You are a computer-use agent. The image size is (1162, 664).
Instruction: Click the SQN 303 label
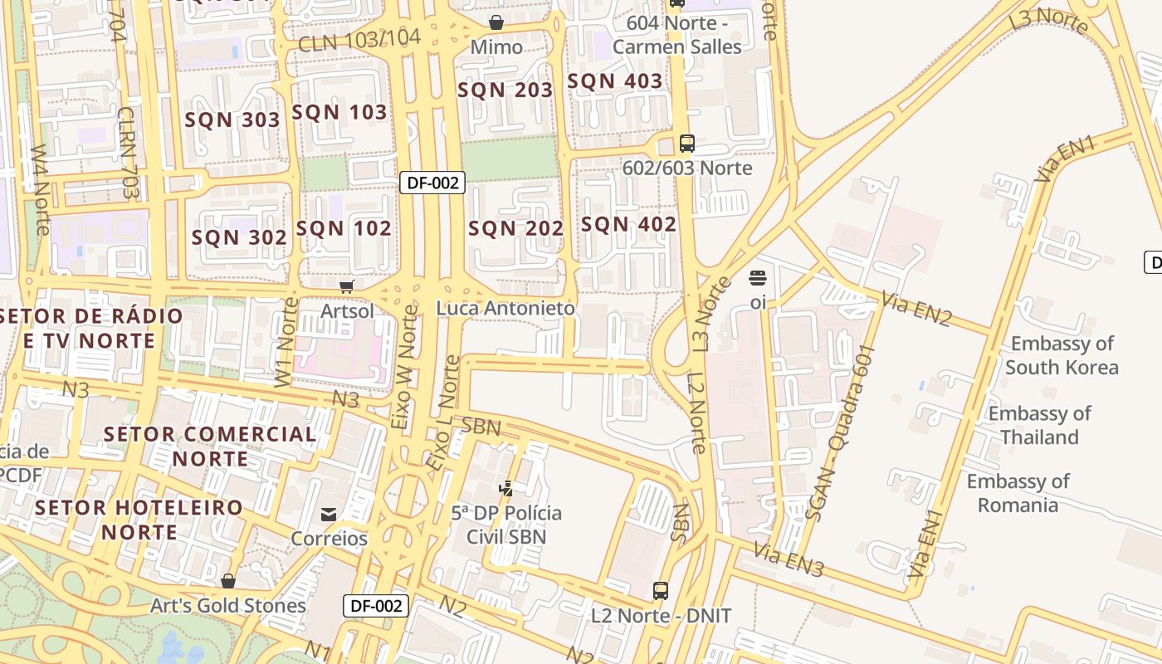point(232,120)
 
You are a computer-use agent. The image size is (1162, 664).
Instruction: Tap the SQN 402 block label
point(628,225)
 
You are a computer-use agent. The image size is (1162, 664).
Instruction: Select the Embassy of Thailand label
point(1039,425)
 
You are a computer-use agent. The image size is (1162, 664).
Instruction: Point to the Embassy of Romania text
point(1018,493)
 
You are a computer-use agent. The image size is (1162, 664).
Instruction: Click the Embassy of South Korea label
point(1062,355)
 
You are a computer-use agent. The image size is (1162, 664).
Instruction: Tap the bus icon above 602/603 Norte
point(686,144)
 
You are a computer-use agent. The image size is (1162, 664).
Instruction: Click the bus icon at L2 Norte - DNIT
point(661,591)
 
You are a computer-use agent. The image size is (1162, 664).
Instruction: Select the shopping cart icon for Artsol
point(347,286)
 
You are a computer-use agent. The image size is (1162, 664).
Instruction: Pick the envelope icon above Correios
point(329,515)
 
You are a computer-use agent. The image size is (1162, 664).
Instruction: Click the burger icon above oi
point(757,277)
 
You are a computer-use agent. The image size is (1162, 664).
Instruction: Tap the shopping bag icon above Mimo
point(496,22)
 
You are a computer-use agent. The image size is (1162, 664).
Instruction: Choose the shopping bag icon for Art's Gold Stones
point(228,581)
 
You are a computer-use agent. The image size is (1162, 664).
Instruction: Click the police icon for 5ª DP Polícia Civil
point(505,488)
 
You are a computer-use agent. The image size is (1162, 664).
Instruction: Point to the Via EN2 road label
point(917,309)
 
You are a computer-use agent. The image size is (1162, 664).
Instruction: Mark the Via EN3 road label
point(789,560)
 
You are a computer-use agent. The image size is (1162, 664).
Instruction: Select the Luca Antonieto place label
point(505,309)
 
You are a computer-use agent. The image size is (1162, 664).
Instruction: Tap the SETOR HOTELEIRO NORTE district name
point(139,520)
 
